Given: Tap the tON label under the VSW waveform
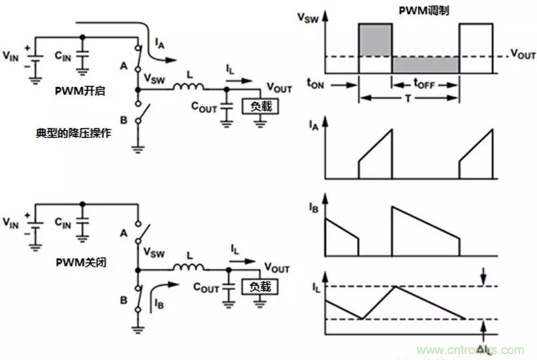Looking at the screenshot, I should pyautogui.click(x=317, y=85).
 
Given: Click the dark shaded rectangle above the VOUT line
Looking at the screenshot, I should pyautogui.click(x=375, y=40).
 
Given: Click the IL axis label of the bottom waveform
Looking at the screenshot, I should pyautogui.click(x=312, y=286).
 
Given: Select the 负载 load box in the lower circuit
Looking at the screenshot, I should pyautogui.click(x=259, y=287).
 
